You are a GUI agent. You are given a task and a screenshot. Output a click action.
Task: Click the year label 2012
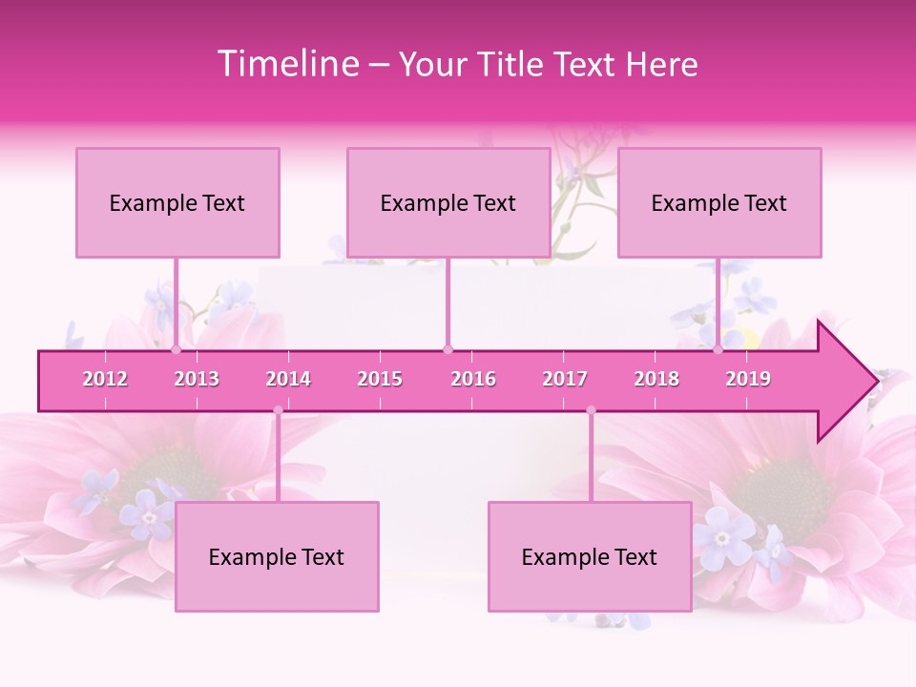tap(105, 379)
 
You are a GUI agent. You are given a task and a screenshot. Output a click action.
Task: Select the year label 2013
tap(197, 379)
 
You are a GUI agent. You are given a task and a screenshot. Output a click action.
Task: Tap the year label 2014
tap(288, 379)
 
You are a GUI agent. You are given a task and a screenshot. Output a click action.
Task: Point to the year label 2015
tap(380, 379)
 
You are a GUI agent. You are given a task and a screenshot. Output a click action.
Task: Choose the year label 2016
tap(473, 379)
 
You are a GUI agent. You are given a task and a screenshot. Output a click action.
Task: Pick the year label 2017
tap(565, 379)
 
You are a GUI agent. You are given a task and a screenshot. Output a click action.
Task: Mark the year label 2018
tap(656, 379)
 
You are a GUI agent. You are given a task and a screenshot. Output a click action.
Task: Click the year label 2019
tap(748, 379)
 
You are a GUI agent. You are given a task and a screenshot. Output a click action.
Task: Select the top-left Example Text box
tap(177, 202)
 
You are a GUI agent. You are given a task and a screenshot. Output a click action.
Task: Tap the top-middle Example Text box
tap(448, 202)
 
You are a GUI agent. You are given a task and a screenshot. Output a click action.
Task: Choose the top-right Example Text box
tap(719, 202)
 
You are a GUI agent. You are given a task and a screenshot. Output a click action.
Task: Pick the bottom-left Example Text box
tap(277, 556)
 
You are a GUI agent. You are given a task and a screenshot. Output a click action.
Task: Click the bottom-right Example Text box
tap(590, 556)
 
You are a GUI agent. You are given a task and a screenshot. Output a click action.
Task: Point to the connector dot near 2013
tap(176, 350)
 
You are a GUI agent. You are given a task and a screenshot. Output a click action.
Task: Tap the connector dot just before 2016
tap(448, 350)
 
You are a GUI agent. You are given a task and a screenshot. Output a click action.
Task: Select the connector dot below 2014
tap(278, 411)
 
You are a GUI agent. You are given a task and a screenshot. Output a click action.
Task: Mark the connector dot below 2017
tap(591, 411)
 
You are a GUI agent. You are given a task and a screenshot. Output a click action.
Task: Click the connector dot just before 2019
tap(718, 350)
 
